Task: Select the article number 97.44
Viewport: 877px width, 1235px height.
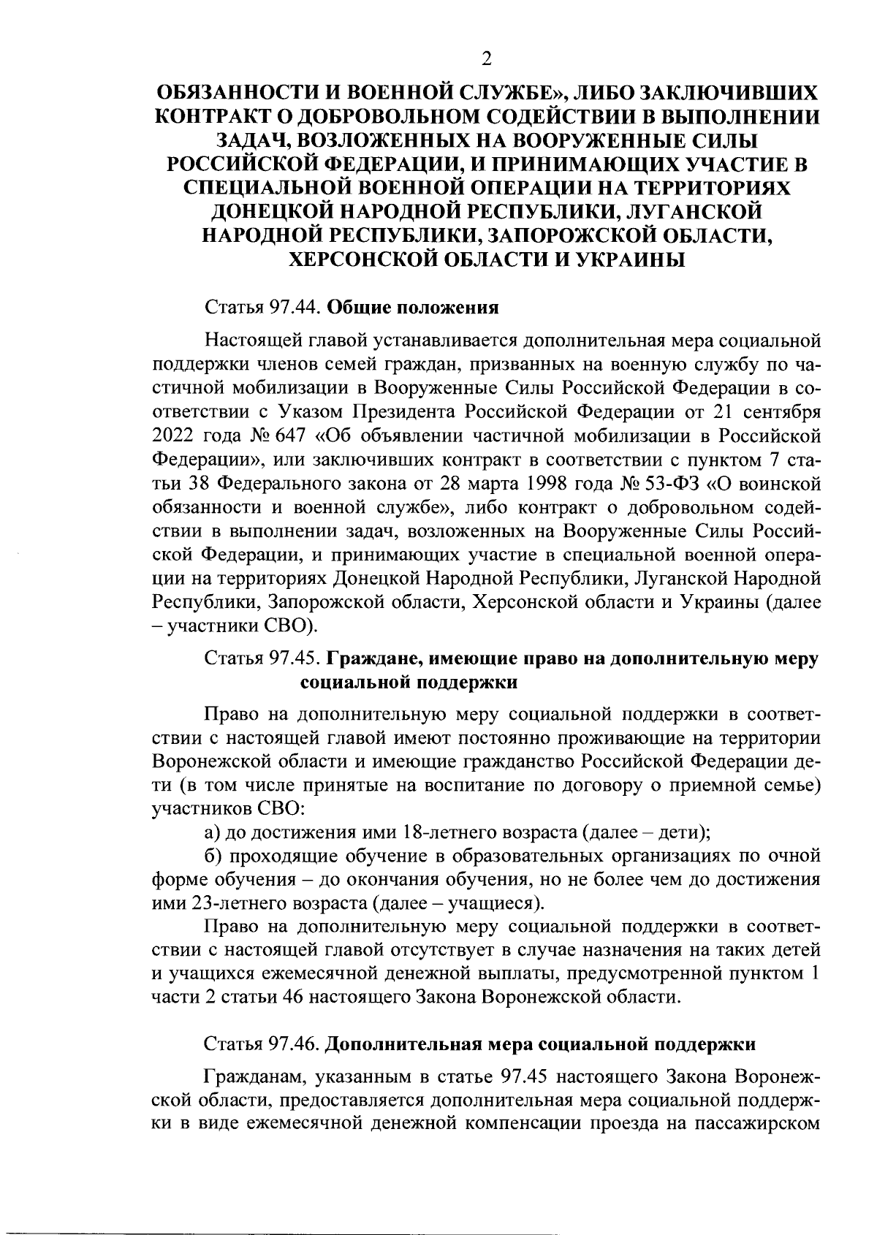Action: point(296,308)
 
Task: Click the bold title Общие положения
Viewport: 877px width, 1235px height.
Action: point(412,308)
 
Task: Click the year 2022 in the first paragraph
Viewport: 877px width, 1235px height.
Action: point(172,436)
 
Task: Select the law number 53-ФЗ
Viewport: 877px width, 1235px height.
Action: point(673,484)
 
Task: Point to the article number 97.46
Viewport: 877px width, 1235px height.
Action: point(296,1044)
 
